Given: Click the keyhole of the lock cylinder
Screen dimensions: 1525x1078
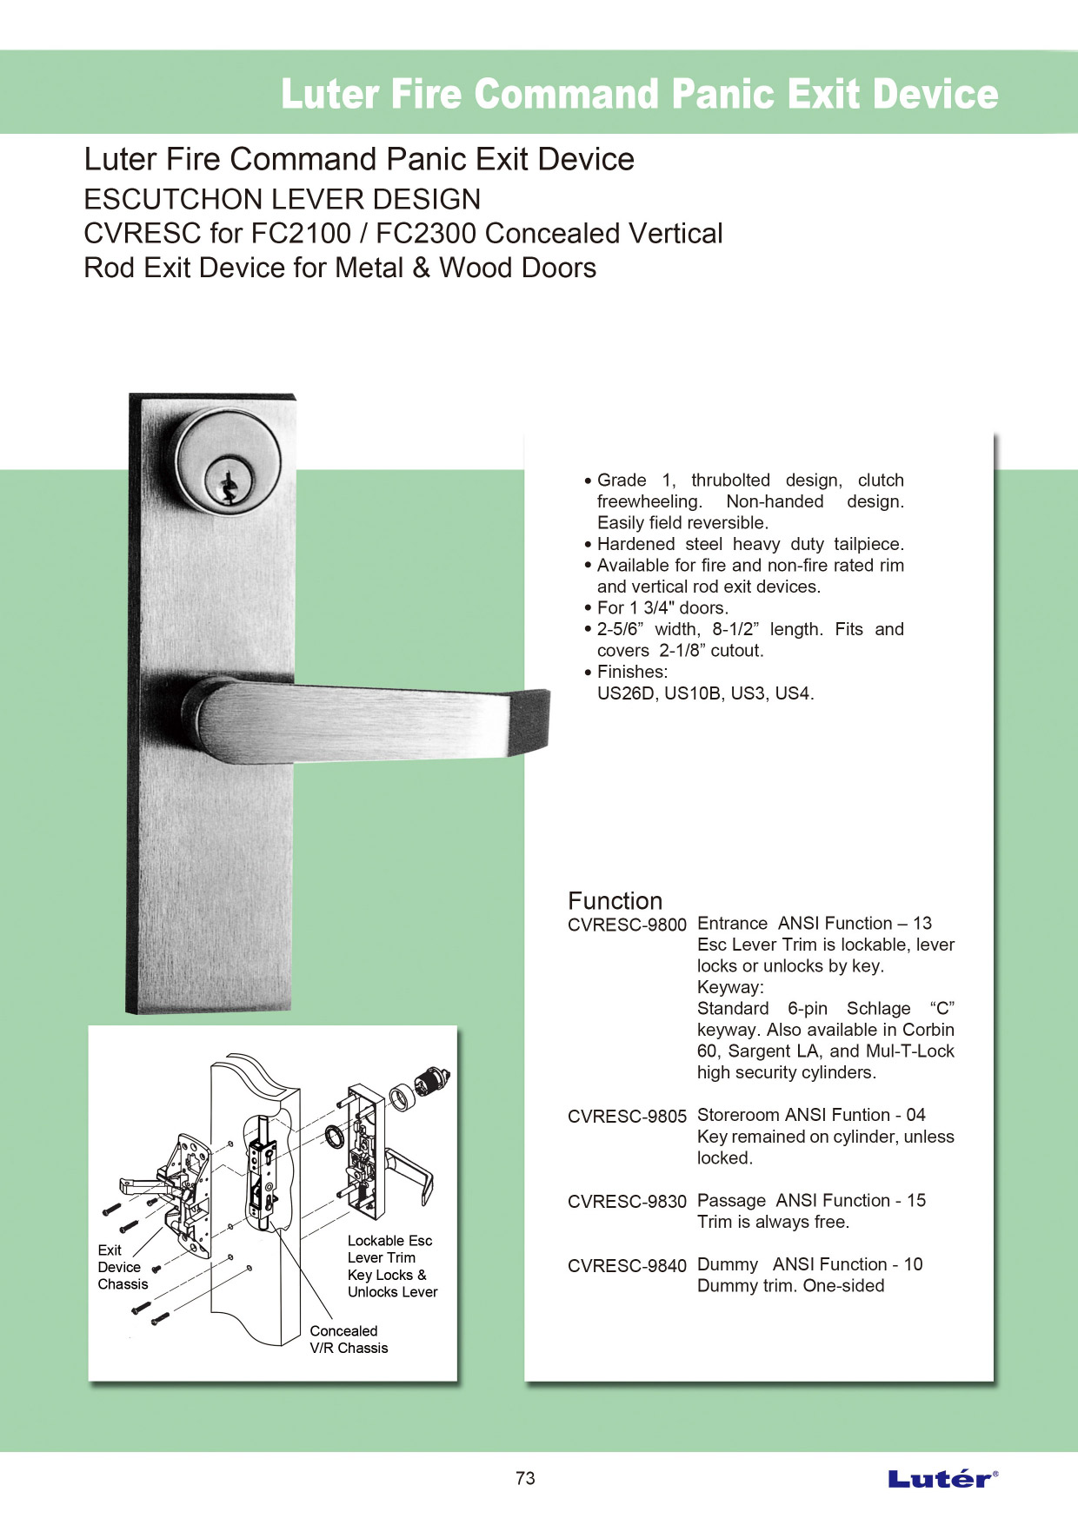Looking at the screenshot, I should click(228, 487).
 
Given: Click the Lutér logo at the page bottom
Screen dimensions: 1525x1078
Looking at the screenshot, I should click(942, 1478).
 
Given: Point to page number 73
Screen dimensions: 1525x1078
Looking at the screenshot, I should click(525, 1478).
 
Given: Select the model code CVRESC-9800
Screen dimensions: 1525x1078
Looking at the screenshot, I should click(627, 925).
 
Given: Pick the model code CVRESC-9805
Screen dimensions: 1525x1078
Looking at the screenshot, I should click(627, 1117).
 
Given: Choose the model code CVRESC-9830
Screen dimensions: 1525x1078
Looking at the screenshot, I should click(627, 1202).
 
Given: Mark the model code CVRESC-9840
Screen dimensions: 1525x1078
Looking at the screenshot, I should click(627, 1266).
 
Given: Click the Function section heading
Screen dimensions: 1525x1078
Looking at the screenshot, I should click(615, 900).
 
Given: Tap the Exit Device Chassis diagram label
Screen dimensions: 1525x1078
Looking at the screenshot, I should click(122, 1267).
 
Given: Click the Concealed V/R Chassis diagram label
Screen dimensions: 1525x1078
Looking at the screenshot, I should click(349, 1339).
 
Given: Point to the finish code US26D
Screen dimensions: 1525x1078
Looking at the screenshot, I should click(626, 693).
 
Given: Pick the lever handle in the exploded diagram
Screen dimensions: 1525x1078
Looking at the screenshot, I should click(410, 1172).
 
